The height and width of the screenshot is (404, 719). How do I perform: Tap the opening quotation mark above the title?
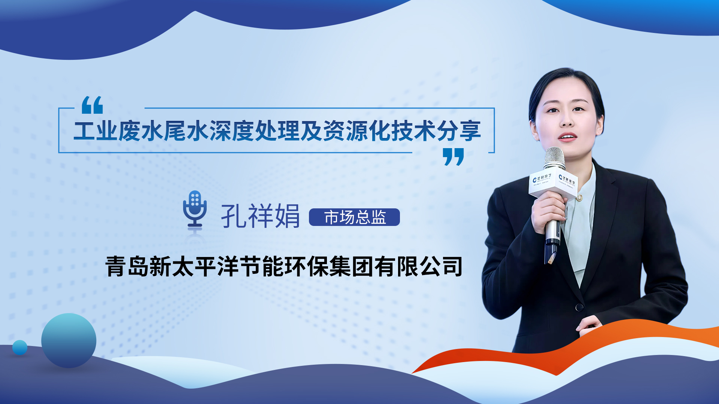tap(92, 105)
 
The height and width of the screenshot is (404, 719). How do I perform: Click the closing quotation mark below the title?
tap(453, 156)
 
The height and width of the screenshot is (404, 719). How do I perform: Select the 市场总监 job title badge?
tap(354, 217)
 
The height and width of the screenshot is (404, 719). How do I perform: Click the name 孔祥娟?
tap(260, 216)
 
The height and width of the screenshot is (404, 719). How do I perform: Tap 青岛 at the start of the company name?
tap(127, 266)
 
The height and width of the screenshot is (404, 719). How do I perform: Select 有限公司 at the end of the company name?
tap(418, 266)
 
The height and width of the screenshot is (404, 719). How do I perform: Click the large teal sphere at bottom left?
tap(69, 340)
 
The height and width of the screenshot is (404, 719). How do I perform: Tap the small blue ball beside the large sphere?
tap(20, 348)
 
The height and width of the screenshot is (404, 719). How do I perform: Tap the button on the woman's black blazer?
tap(580, 307)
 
